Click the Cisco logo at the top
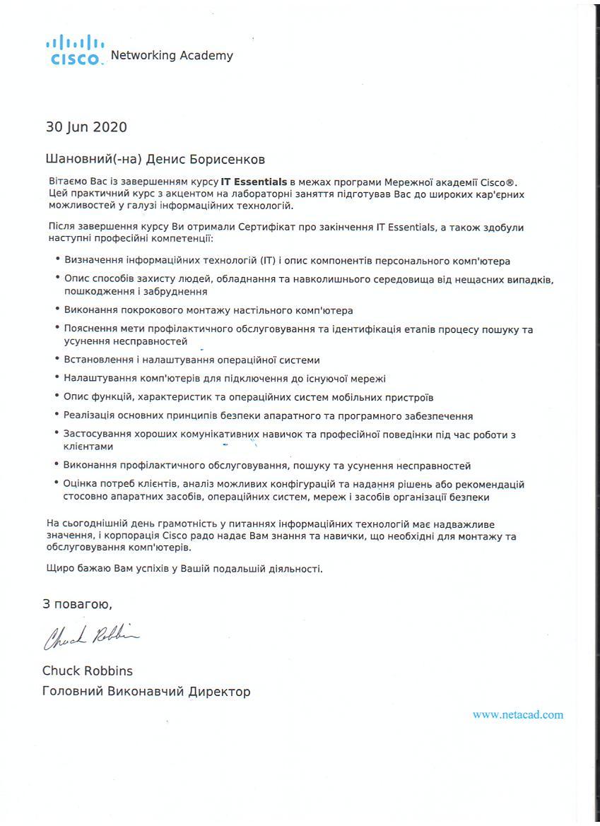[x=74, y=52]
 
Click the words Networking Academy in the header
[x=172, y=55]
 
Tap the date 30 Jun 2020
[x=86, y=127]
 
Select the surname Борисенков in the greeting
[x=228, y=160]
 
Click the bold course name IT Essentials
[x=254, y=182]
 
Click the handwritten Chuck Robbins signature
[x=90, y=637]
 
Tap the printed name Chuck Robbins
[x=87, y=671]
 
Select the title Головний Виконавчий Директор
[x=146, y=692]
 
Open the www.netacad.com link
[x=518, y=714]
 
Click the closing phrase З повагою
[x=77, y=604]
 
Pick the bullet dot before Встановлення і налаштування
[x=57, y=359]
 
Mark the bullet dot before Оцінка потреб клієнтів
[x=57, y=483]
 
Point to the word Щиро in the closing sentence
[x=59, y=568]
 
